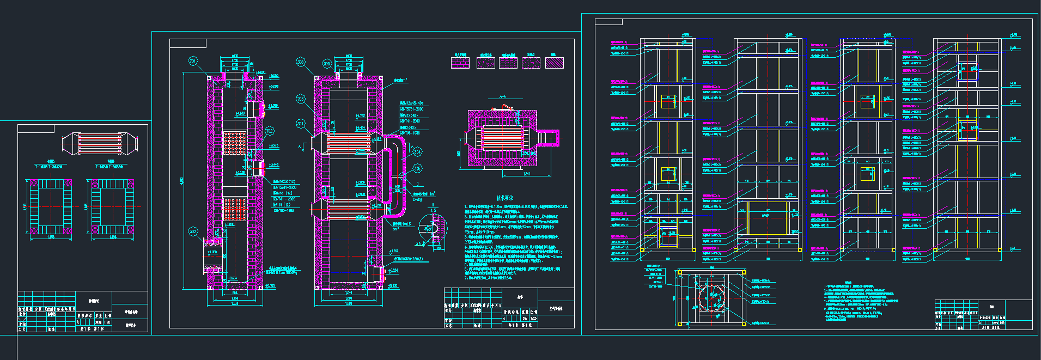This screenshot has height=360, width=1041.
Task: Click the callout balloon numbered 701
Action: [x=192, y=61]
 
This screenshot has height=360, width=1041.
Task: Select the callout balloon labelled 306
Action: [x=300, y=62]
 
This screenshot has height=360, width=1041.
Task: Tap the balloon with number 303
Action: [x=326, y=63]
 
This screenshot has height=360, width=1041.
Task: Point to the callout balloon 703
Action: [x=300, y=99]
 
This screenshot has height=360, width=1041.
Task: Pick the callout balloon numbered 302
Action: [x=192, y=231]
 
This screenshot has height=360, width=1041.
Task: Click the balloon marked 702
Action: [x=269, y=131]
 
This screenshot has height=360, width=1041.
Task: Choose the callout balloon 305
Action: [x=417, y=168]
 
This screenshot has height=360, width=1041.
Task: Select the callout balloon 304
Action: [x=417, y=151]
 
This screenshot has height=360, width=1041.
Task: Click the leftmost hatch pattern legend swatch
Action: [x=460, y=63]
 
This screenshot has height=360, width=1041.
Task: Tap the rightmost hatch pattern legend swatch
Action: [x=555, y=63]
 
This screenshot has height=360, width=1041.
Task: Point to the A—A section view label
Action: [x=503, y=97]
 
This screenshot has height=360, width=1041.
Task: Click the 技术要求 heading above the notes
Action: [x=504, y=198]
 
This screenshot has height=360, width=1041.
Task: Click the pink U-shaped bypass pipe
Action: [x=398, y=169]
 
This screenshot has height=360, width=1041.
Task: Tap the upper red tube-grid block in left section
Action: [x=235, y=142]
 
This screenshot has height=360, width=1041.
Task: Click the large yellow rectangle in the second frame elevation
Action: [x=768, y=218]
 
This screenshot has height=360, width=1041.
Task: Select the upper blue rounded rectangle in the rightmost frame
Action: [x=967, y=72]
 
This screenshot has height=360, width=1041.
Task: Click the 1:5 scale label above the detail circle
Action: [x=433, y=210]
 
